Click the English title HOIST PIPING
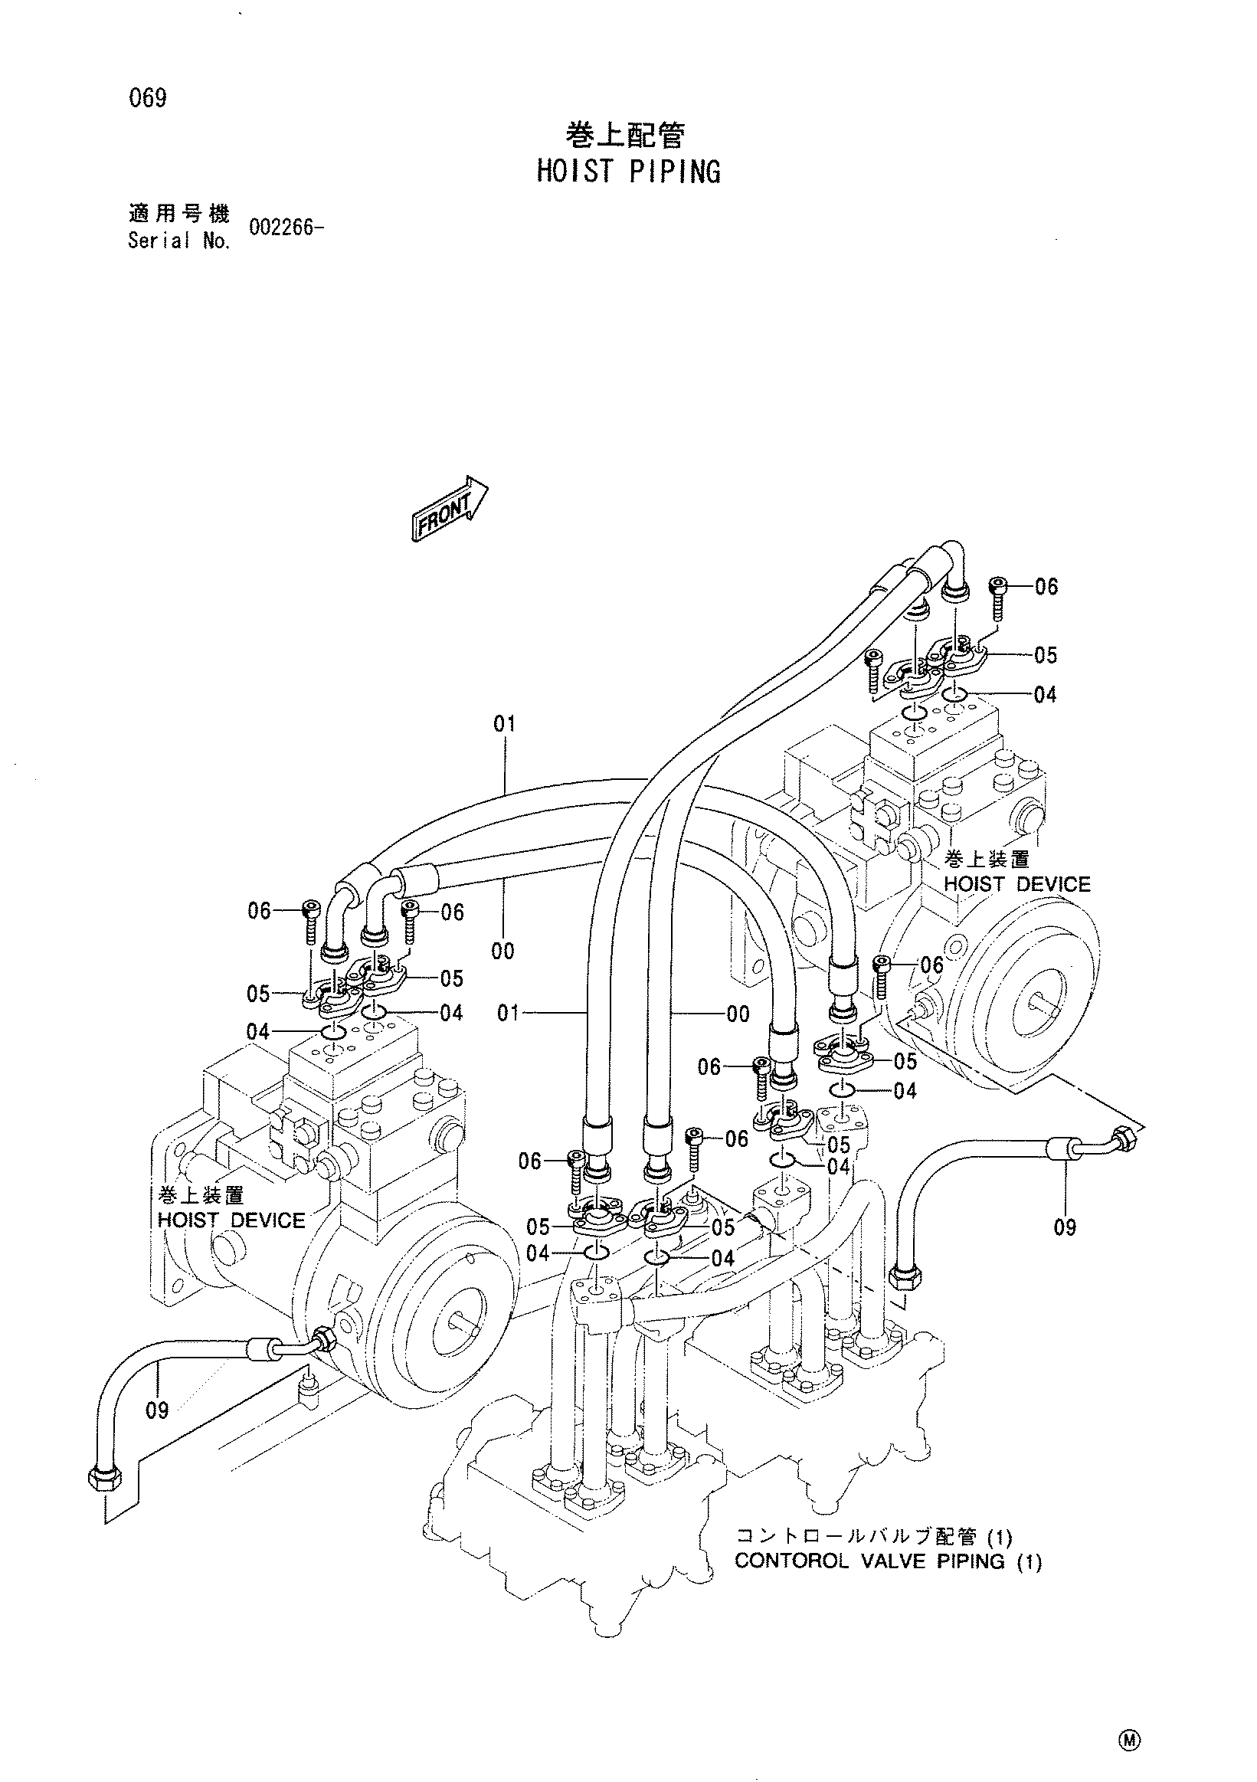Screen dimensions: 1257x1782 628,171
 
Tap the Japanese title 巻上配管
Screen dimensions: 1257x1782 625,136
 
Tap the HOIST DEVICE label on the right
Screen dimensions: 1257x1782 1016,884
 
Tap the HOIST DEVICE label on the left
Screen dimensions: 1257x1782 231,1220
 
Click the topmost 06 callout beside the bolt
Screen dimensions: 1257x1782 1046,587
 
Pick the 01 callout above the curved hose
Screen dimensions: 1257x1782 504,724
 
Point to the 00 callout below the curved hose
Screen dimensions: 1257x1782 502,951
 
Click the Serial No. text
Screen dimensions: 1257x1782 178,241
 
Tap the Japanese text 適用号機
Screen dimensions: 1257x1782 178,214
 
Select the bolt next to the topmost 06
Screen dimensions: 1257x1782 999,599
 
